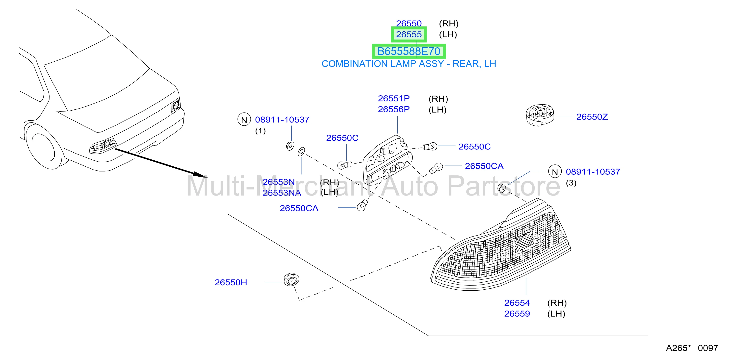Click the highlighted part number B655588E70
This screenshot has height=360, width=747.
(409, 51)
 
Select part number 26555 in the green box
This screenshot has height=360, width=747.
(409, 34)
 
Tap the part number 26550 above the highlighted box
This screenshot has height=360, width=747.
(409, 23)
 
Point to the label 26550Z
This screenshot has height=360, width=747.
(592, 116)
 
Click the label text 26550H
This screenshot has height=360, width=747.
(231, 282)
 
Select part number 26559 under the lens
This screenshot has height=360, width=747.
(517, 314)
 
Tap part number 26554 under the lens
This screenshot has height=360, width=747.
(517, 303)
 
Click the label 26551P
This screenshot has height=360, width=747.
(393, 98)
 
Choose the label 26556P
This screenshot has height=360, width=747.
(393, 109)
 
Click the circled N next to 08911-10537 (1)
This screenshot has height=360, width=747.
(244, 119)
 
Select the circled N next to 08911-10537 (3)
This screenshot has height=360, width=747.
(555, 172)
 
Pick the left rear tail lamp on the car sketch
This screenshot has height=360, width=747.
(103, 145)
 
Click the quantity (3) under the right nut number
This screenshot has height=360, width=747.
(571, 183)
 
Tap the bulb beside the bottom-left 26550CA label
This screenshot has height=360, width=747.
(362, 205)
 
